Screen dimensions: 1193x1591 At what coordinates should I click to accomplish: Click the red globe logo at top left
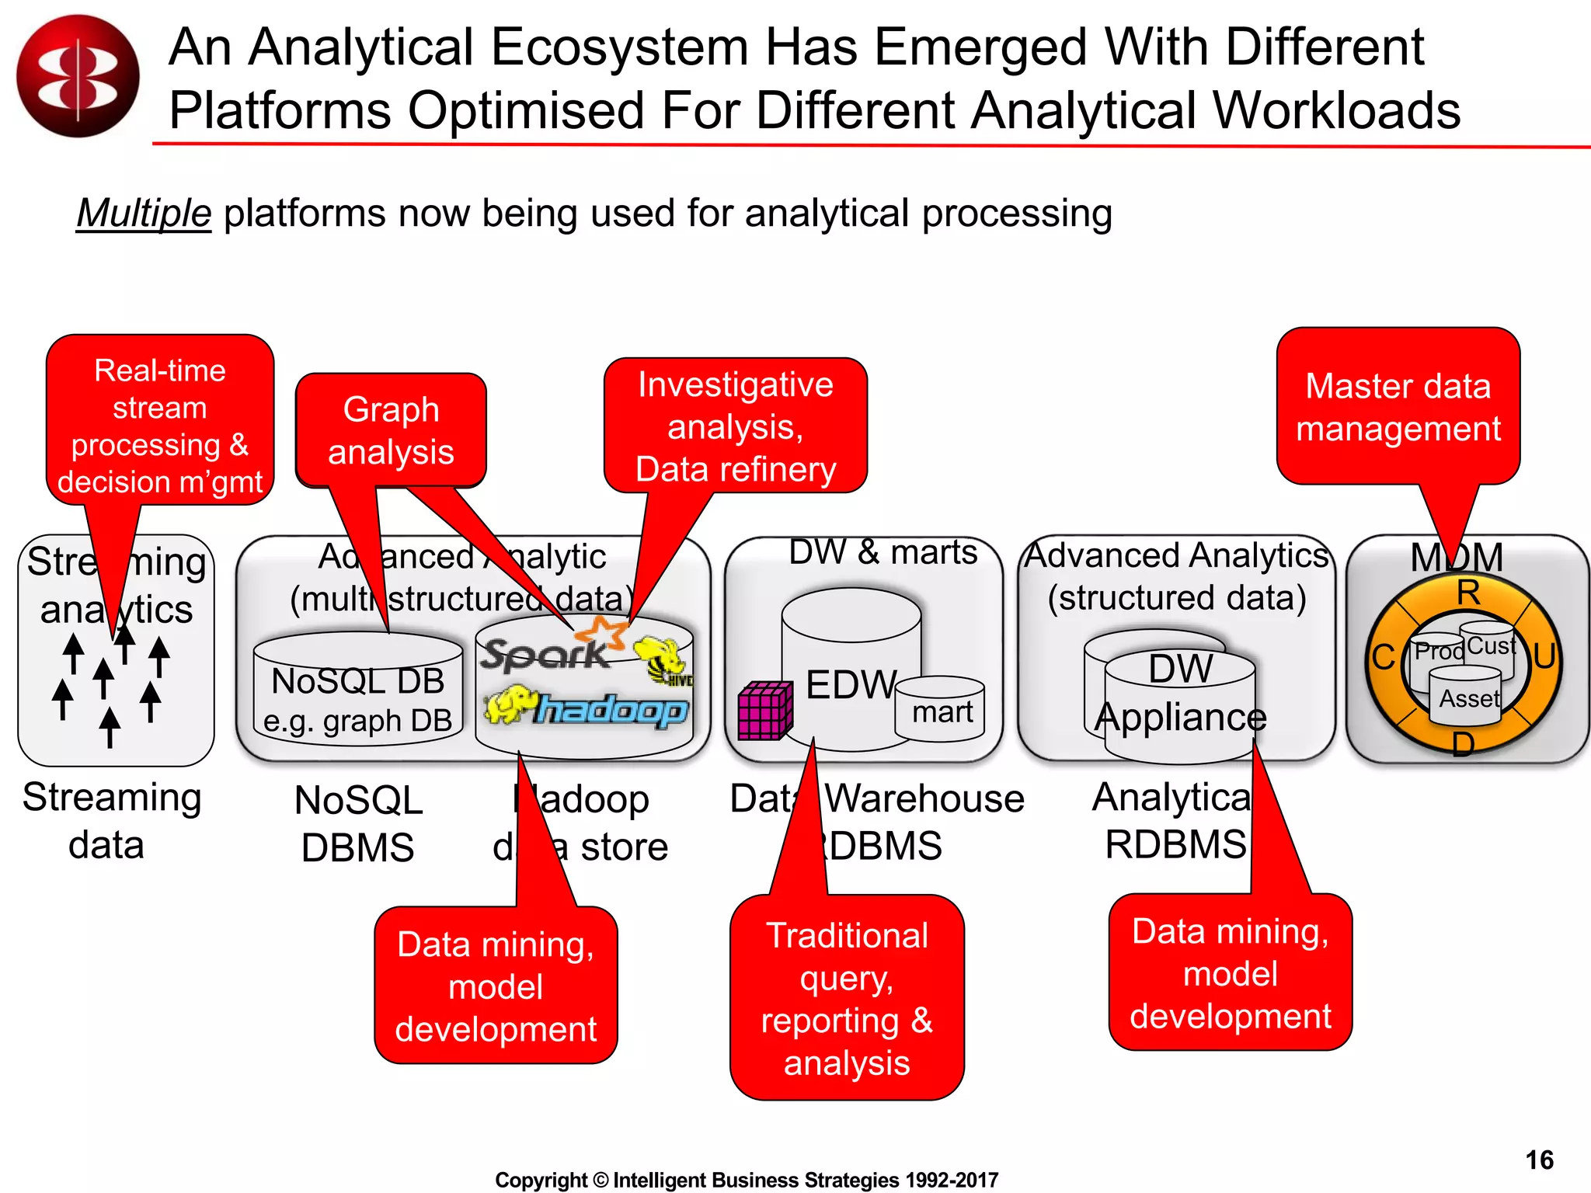(x=78, y=76)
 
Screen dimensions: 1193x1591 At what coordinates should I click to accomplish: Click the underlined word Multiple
(x=144, y=214)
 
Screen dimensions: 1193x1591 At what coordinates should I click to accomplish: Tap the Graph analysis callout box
(x=391, y=431)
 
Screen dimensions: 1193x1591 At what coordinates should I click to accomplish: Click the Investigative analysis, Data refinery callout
(x=735, y=427)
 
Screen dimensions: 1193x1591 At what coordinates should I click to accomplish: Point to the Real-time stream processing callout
(x=160, y=426)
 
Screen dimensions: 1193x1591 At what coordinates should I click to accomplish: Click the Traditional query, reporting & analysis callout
(x=847, y=998)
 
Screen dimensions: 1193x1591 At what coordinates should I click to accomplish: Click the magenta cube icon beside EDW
(x=764, y=711)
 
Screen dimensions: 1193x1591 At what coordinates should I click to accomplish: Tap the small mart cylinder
(x=941, y=709)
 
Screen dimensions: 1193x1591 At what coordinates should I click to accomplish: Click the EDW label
(x=851, y=685)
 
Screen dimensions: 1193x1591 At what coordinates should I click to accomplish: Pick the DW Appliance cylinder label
(x=1180, y=694)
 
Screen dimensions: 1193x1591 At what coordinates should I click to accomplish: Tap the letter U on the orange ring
(x=1544, y=656)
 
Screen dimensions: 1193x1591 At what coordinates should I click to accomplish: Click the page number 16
(x=1539, y=1160)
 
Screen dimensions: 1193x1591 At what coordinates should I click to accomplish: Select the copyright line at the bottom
(x=746, y=1180)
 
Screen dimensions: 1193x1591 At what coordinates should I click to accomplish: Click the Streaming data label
(x=110, y=821)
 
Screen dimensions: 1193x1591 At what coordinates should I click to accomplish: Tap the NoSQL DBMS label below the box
(x=358, y=823)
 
